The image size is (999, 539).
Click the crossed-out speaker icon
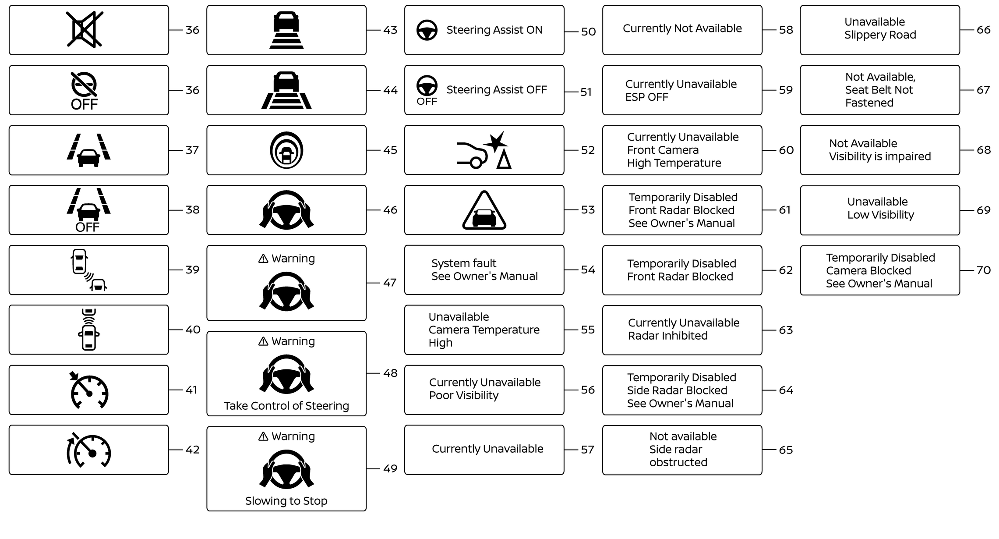(85, 29)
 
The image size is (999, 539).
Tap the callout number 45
(390, 150)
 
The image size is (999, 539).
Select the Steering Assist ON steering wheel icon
(427, 30)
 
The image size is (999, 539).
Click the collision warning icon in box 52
(484, 150)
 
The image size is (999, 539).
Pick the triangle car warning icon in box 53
(484, 210)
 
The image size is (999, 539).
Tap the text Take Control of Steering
(286, 406)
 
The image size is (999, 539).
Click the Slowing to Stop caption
(286, 501)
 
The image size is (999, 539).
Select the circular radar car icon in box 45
(286, 150)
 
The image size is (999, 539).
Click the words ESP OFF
(647, 97)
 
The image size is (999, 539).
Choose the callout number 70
(984, 270)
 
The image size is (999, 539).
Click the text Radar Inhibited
(668, 336)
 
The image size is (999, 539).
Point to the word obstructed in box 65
(678, 462)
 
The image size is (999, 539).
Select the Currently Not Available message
(682, 28)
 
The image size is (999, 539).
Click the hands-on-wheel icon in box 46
(286, 210)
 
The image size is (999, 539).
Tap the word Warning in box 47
(293, 259)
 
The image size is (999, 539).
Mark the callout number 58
(786, 30)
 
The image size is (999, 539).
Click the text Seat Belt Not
(879, 90)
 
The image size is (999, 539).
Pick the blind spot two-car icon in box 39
(89, 270)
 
